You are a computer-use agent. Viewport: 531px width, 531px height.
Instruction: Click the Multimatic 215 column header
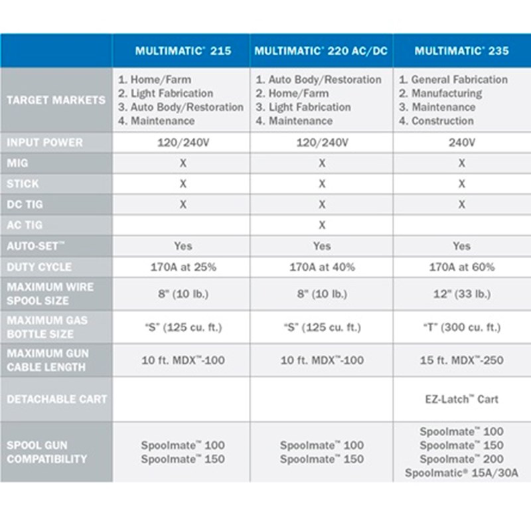pyautogui.click(x=183, y=51)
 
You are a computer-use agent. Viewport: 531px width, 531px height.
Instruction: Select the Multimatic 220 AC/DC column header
pyautogui.click(x=321, y=51)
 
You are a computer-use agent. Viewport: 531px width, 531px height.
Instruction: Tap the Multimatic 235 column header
pyautogui.click(x=461, y=51)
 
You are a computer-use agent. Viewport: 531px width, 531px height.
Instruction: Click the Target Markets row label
pyautogui.click(x=56, y=100)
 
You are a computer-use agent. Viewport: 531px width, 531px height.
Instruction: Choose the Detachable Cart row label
pyautogui.click(x=56, y=399)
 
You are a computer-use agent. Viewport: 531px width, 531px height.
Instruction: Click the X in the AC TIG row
pyautogui.click(x=322, y=225)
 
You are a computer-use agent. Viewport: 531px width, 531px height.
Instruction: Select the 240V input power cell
pyautogui.click(x=461, y=142)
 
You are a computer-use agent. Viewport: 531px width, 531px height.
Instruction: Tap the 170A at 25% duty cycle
pyautogui.click(x=183, y=267)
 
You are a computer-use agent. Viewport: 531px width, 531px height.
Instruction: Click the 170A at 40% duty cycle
pyautogui.click(x=322, y=267)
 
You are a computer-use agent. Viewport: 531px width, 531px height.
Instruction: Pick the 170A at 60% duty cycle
pyautogui.click(x=461, y=267)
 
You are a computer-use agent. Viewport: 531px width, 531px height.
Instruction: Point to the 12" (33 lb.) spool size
pyautogui.click(x=461, y=294)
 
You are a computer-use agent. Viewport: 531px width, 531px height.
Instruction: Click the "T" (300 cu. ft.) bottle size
pyautogui.click(x=461, y=327)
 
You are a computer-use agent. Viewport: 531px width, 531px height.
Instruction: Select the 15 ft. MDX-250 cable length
pyautogui.click(x=461, y=360)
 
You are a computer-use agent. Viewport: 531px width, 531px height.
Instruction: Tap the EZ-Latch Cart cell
pyautogui.click(x=461, y=399)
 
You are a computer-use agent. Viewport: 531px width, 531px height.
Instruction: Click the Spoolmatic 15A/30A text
pyautogui.click(x=461, y=473)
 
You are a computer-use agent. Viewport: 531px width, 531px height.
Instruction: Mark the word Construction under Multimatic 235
pyautogui.click(x=443, y=121)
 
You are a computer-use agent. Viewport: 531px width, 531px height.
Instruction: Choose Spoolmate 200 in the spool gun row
pyautogui.click(x=461, y=459)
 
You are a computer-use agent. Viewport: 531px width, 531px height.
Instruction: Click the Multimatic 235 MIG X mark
pyautogui.click(x=461, y=163)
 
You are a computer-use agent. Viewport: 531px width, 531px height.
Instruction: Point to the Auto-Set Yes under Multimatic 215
pyautogui.click(x=183, y=246)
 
